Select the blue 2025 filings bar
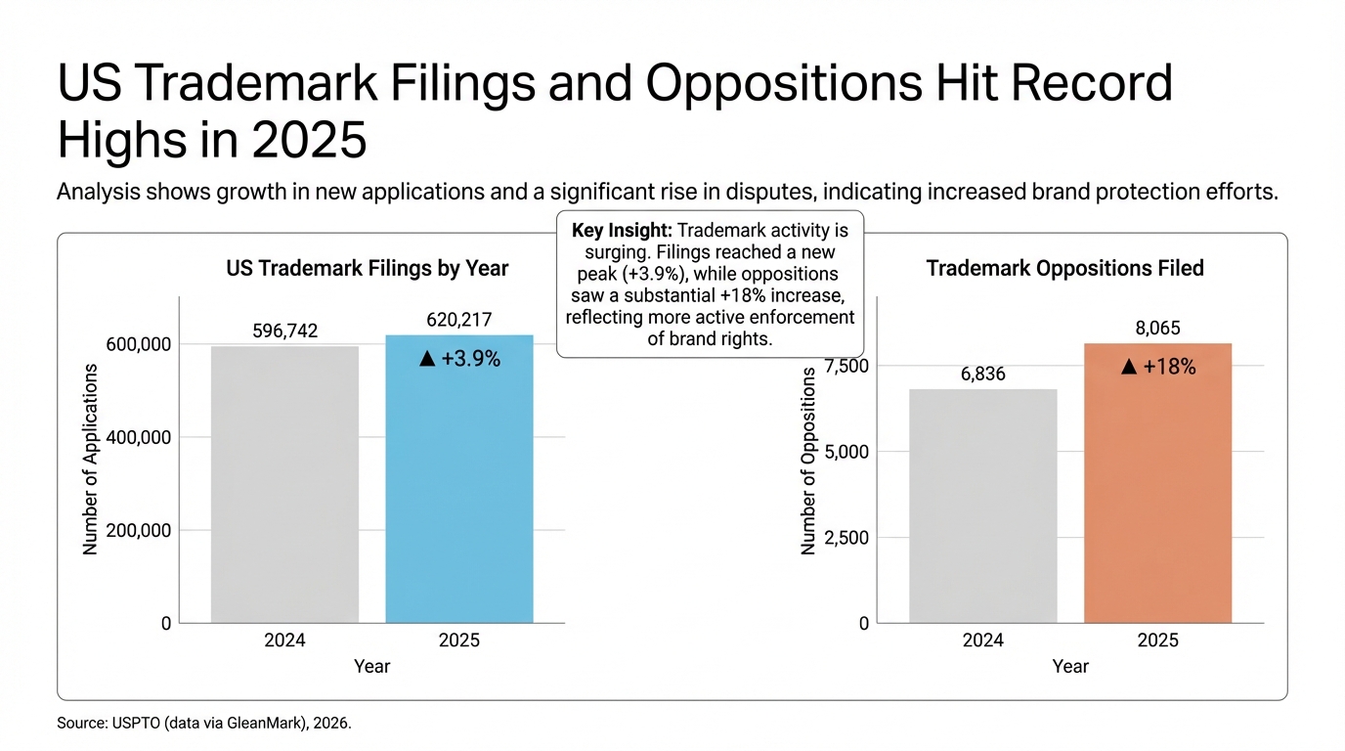pos(459,489)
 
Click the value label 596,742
pos(284,331)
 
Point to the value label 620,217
pos(459,319)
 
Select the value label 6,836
pos(982,375)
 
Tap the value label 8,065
pos(1157,329)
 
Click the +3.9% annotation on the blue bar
pos(459,360)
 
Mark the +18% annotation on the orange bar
pos(1157,367)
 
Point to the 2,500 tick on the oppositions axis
pos(847,538)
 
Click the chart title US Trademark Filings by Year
pos(367,268)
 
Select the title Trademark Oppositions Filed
pos(1064,268)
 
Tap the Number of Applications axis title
pos(91,460)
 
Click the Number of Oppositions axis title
pos(808,462)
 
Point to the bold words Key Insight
pos(621,231)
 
